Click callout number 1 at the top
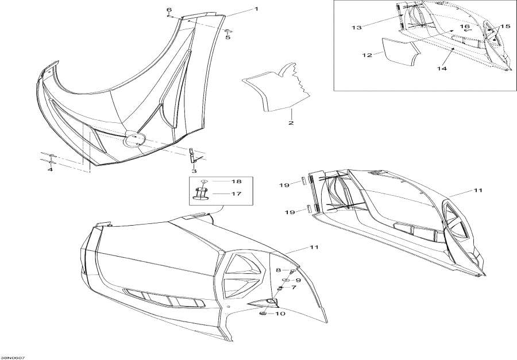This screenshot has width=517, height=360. [256, 9]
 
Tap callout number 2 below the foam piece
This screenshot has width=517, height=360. [291, 123]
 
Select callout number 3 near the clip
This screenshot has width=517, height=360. [194, 171]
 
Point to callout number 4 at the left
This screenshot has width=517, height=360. [50, 170]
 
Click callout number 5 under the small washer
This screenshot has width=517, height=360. [228, 37]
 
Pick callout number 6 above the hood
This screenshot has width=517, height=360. [169, 9]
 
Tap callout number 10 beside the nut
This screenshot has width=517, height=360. [280, 313]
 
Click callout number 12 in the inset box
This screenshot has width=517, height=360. [367, 55]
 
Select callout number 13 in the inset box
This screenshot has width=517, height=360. [356, 28]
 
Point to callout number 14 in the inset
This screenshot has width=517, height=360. [442, 68]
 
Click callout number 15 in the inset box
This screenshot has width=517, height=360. [505, 26]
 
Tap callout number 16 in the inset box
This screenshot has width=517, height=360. [465, 26]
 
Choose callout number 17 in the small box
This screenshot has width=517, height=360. [236, 194]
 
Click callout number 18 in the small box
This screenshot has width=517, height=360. [237, 181]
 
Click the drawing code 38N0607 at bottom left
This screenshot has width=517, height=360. [13, 358]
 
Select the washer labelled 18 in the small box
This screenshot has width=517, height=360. [205, 181]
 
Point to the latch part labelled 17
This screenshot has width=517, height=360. [200, 194]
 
